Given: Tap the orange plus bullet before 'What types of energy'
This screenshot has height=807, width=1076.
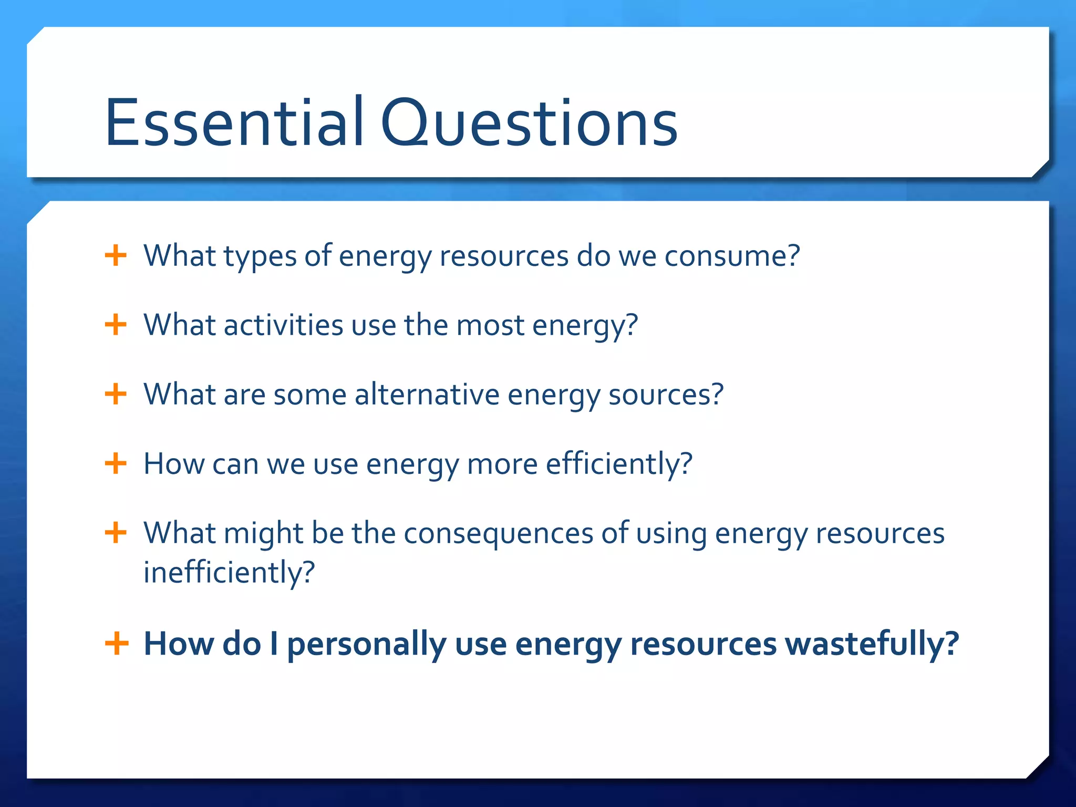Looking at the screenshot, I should [116, 256].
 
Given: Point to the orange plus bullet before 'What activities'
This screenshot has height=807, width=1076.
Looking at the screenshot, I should [116, 325].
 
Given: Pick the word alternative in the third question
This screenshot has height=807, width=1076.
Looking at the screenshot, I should [427, 394].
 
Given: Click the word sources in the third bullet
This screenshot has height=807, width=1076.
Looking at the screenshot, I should [665, 394].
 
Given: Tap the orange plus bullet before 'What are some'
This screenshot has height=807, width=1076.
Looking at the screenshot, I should [116, 394].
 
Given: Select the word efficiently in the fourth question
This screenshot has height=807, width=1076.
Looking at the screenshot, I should [618, 464].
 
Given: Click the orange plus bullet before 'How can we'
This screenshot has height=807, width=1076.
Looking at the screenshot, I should [116, 464].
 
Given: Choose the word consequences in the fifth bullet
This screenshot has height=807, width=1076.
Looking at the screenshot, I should [498, 533].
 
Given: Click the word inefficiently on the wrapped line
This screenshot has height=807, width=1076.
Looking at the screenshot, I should [229, 572].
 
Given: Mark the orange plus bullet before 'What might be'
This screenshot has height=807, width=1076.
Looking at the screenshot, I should [116, 533].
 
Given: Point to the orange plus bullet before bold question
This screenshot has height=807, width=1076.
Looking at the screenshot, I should [117, 644].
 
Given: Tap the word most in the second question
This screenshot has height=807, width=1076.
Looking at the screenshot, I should [490, 325].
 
